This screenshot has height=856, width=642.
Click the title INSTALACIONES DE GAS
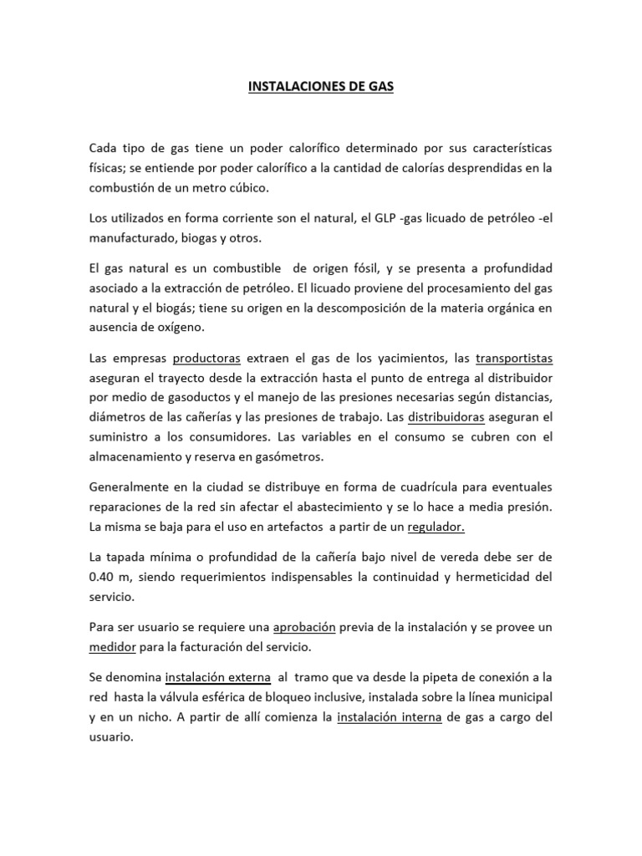pos(321,86)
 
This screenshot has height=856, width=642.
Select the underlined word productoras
pos(206,359)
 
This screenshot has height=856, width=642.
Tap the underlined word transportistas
pos(514,359)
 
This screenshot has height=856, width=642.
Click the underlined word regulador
pos(436,527)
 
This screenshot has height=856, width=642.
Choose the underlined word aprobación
pos(304,627)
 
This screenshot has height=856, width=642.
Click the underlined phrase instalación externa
pos(218,677)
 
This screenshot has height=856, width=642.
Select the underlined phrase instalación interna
pos(389,716)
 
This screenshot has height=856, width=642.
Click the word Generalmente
pos(131,487)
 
